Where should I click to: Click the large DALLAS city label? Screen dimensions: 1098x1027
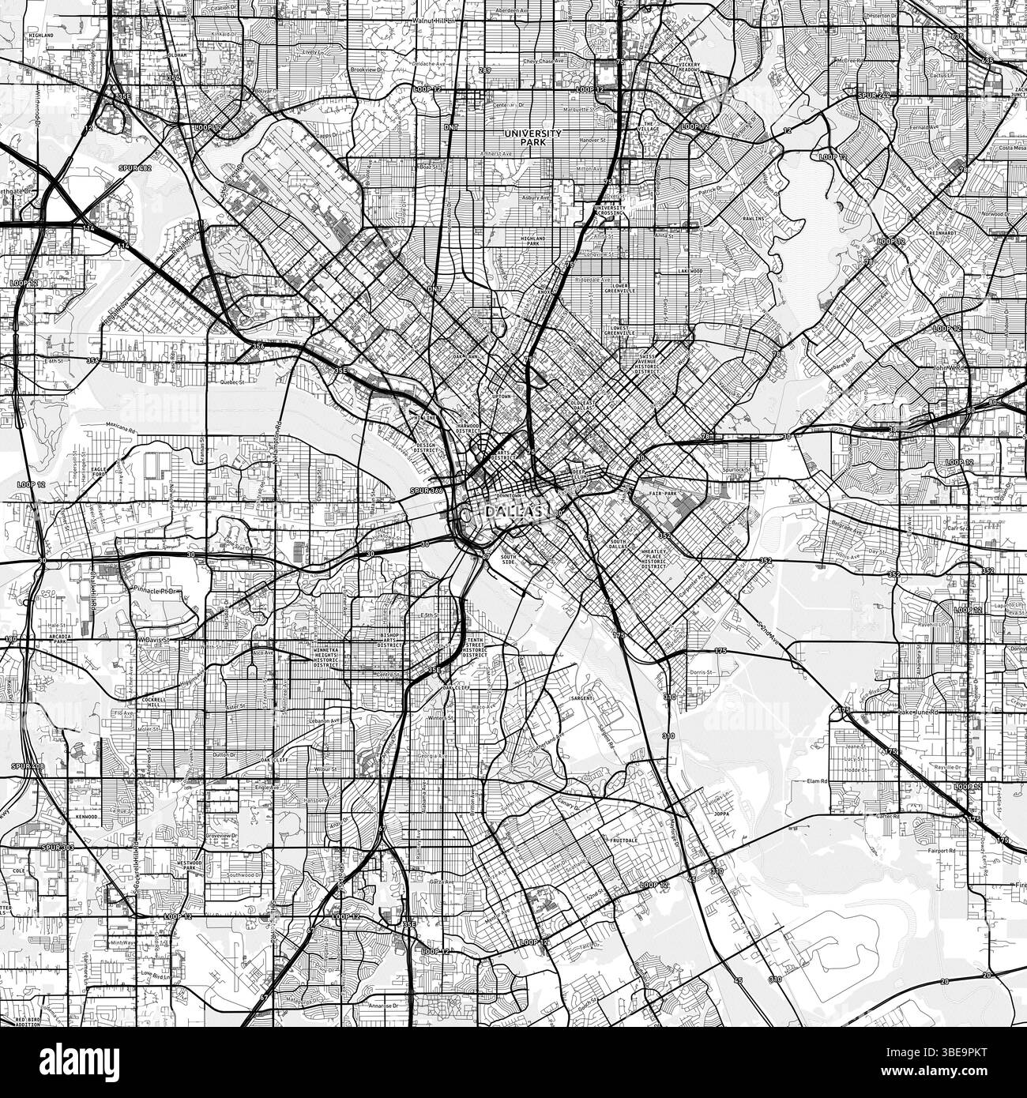pyautogui.click(x=513, y=513)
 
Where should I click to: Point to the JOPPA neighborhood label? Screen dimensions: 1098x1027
pyautogui.click(x=717, y=810)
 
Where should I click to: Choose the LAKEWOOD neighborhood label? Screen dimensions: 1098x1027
pyautogui.click(x=690, y=270)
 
